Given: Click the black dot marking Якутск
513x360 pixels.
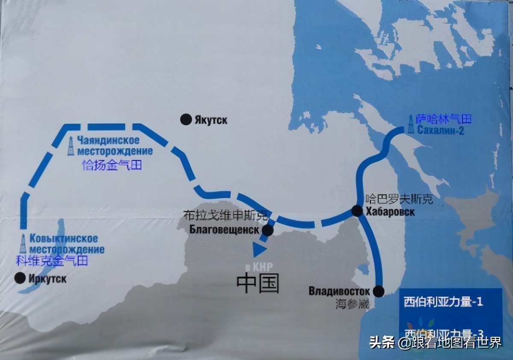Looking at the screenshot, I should pos(186,120).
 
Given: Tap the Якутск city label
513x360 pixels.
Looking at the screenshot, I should pos(211,120).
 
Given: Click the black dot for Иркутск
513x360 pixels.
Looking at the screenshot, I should pos(20,278).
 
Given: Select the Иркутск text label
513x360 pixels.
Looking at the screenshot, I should pos(48,279).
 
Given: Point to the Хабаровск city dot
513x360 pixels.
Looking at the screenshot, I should pos(357,210).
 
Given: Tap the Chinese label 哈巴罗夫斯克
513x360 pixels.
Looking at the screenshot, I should pos(394,199).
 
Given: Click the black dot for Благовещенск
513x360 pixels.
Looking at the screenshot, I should pos(268,230).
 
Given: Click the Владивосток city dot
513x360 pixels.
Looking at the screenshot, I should pos(378,291).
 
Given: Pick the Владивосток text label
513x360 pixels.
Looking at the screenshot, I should pos(339,291).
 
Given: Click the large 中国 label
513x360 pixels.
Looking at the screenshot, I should pos(258,283).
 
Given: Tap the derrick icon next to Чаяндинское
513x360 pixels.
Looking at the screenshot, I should pos(70,147).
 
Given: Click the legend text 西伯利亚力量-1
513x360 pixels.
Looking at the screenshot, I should pos(443,302).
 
